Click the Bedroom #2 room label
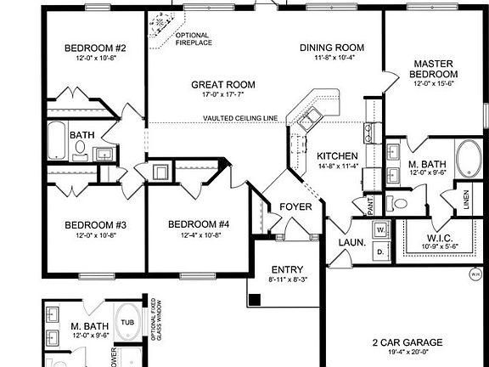pyautogui.click(x=95, y=48)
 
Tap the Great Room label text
pyautogui.click(x=223, y=84)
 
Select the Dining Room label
pyautogui.click(x=331, y=48)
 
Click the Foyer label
pyautogui.click(x=295, y=206)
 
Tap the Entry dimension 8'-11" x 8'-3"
pyautogui.click(x=287, y=279)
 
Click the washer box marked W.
pyautogui.click(x=379, y=230)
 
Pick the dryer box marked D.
pyautogui.click(x=379, y=251)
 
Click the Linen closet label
pyautogui.click(x=466, y=200)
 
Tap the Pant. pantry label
pyautogui.click(x=371, y=206)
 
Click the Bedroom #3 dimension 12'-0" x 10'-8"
pyautogui.click(x=95, y=235)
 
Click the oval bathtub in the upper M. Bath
pyautogui.click(x=469, y=159)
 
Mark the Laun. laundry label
pyautogui.click(x=352, y=242)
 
